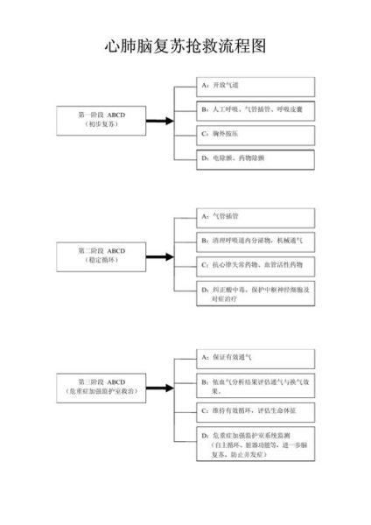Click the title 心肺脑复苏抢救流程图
(185, 45)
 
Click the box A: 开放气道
(255, 86)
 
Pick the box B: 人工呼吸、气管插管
(255, 110)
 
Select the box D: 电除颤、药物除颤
(255, 157)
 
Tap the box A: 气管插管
(255, 215)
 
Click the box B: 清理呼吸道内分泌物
(255, 240)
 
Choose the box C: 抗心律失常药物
(255, 264)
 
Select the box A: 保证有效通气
(255, 357)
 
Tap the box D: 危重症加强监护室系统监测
(255, 445)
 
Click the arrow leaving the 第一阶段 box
(159, 121)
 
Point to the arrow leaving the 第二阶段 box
(159, 256)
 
